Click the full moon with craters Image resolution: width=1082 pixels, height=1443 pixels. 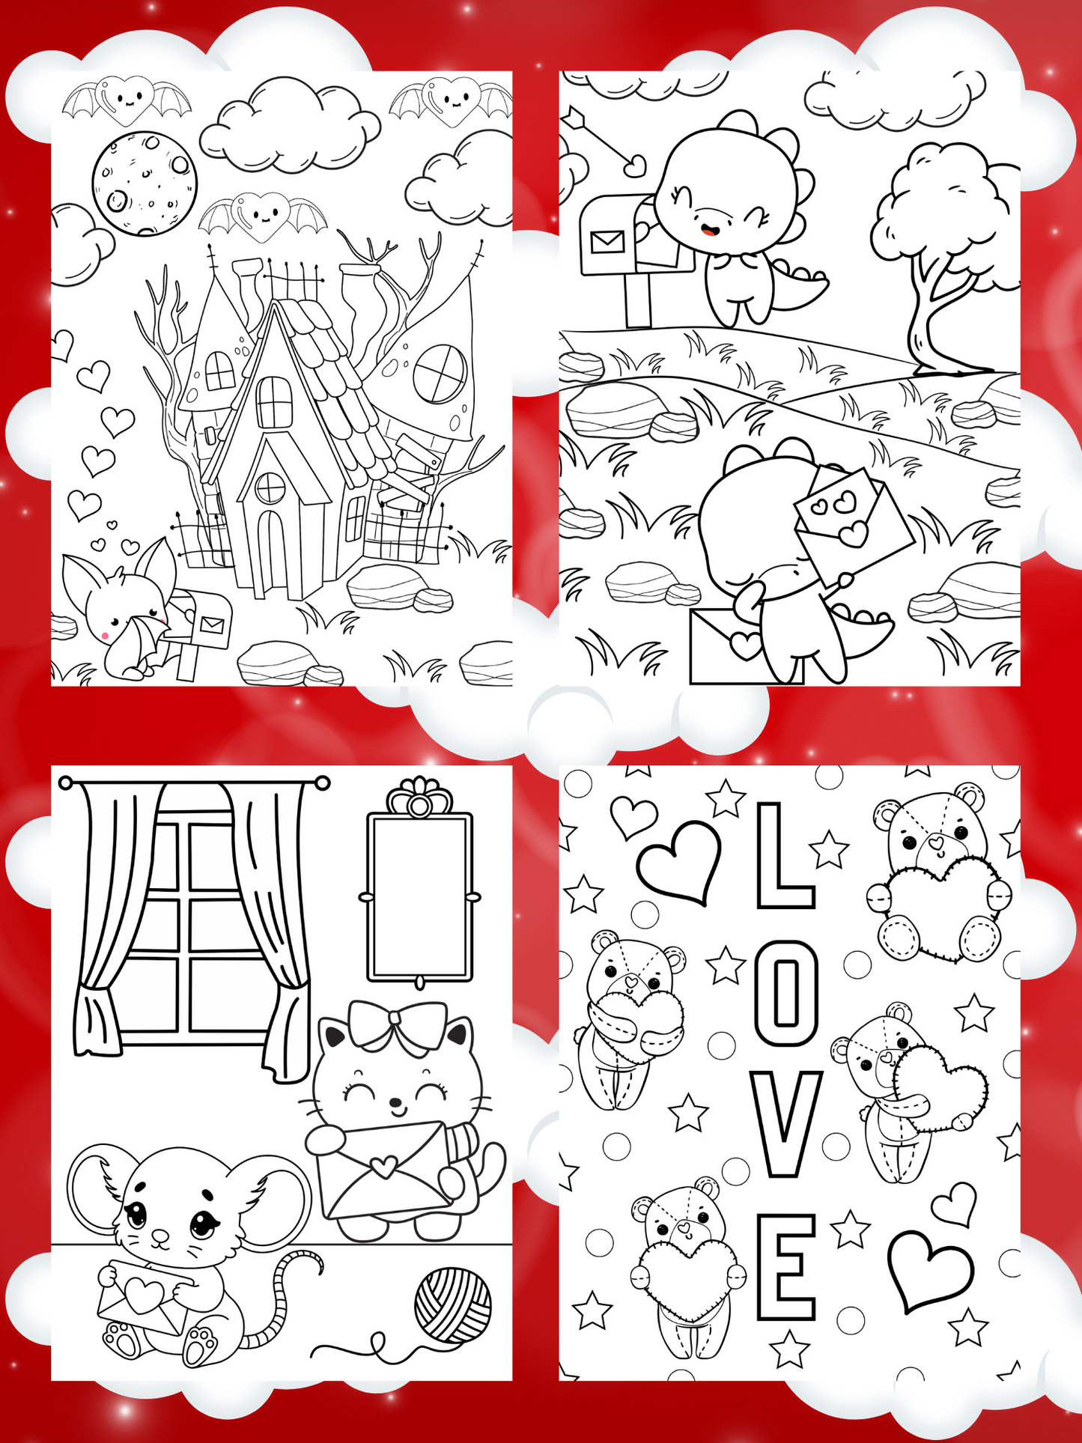tap(145, 183)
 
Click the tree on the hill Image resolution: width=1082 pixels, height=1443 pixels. tap(946, 255)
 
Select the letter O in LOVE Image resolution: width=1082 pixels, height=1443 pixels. tap(785, 993)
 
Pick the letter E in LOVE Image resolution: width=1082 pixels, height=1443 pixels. tap(785, 1266)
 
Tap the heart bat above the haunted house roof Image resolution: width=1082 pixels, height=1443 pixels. tap(263, 215)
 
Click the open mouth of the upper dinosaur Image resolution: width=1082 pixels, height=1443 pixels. tap(709, 227)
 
